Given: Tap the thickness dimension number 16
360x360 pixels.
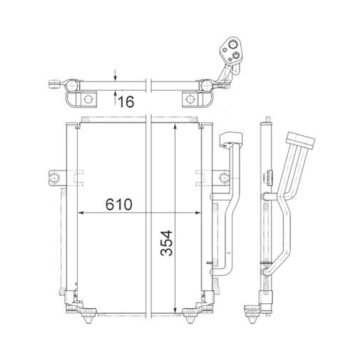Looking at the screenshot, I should click(128, 101).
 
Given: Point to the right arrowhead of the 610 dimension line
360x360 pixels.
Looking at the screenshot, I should click(201, 213).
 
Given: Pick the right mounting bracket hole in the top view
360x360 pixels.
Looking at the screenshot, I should click(189, 99).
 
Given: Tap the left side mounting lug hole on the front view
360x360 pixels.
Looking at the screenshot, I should click(53, 174).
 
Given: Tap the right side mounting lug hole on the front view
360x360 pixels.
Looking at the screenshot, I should click(202, 174).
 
